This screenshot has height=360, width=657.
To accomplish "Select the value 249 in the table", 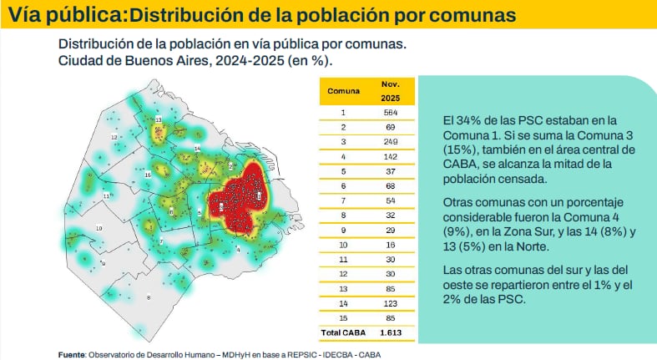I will pyautogui.click(x=390, y=142).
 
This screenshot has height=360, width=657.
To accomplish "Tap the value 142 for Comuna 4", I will pyautogui.click(x=390, y=157).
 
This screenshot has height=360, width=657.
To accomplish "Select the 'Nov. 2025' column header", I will pyautogui.click(x=390, y=90).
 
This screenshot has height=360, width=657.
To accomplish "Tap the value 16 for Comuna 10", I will pyautogui.click(x=390, y=244).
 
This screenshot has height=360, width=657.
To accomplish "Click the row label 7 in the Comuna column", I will pyautogui.click(x=343, y=200).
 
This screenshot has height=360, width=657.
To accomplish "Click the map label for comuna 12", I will pyautogui.click(x=114, y=137).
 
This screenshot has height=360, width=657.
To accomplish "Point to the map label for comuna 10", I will pyautogui.click(x=99, y=227).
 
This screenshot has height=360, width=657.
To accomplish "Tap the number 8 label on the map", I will pyautogui.click(x=149, y=297).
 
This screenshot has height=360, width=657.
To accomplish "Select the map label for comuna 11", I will pyautogui.click(x=107, y=195).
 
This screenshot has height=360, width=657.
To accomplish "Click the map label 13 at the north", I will pyautogui.click(x=158, y=120).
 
